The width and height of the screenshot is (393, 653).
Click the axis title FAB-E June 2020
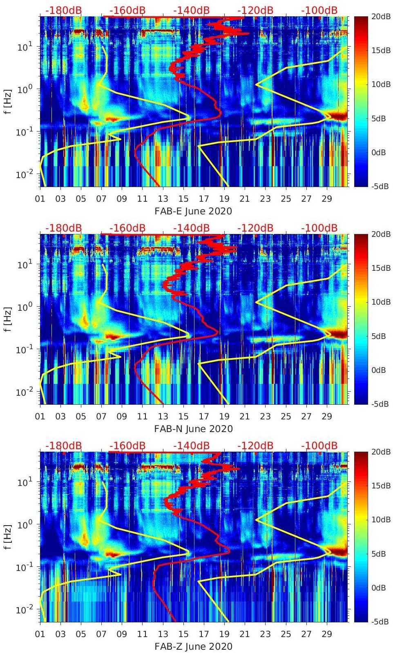point(193,211)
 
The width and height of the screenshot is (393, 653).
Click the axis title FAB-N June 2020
point(193,429)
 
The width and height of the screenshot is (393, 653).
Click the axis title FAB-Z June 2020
point(193,646)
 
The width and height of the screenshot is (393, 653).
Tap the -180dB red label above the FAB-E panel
point(63,10)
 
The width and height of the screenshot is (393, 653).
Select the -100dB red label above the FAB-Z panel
point(319,446)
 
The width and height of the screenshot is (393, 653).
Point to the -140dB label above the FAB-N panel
point(191,228)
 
